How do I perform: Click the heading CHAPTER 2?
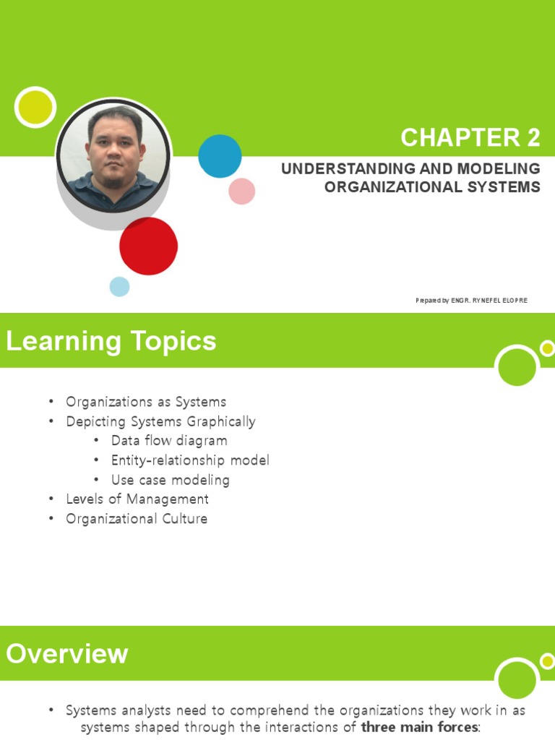point(470,137)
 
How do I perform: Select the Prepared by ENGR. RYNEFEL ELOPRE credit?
point(471,301)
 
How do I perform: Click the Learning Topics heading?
point(111,341)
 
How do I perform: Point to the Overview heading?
point(67,654)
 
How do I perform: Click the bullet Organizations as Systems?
point(146,402)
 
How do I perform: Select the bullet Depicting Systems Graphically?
point(160,421)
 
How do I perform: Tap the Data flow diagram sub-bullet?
point(169,441)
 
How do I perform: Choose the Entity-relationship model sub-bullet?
point(190,460)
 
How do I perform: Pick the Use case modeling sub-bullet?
point(171,480)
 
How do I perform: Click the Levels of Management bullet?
point(137,499)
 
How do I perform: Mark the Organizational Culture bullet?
point(137,519)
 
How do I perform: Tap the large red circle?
point(148,246)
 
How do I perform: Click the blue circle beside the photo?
point(220,156)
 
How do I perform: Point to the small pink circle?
point(242,192)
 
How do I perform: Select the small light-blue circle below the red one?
point(119,287)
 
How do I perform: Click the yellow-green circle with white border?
point(35,107)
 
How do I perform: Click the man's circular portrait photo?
point(113,155)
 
